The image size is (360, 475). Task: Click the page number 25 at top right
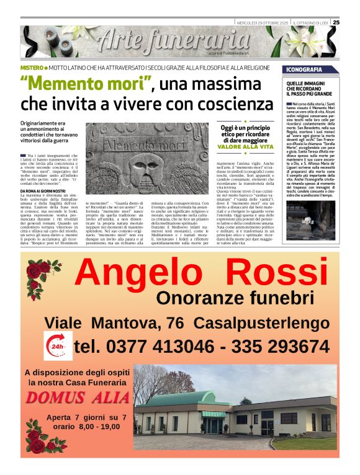(336, 22)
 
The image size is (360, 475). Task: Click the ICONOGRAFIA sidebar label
(304, 69)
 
